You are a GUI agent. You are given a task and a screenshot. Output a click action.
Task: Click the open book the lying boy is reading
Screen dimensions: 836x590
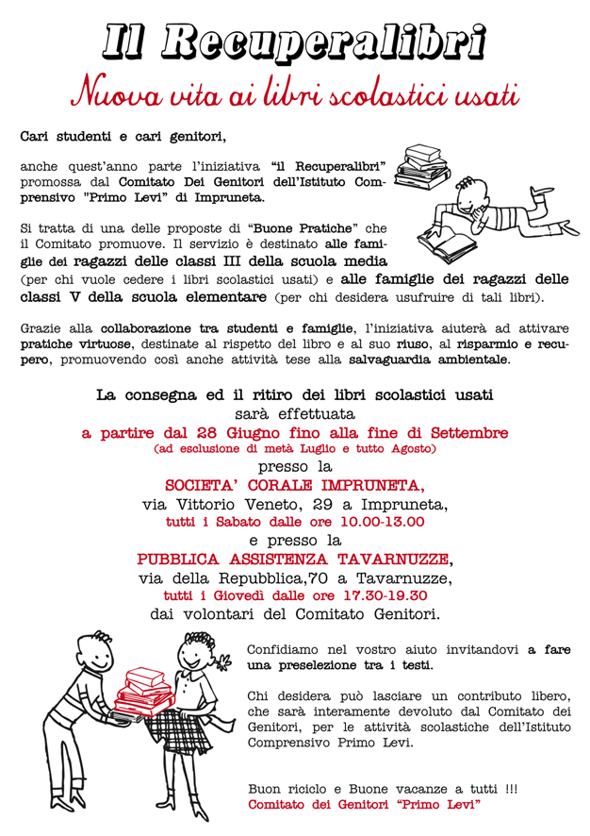(x=449, y=243)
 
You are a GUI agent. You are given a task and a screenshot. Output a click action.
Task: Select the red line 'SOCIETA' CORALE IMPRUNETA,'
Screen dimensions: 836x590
(x=294, y=486)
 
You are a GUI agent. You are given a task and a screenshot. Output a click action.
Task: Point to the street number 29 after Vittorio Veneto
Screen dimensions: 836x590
(x=326, y=504)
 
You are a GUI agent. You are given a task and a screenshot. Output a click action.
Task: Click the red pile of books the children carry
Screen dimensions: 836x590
(x=140, y=693)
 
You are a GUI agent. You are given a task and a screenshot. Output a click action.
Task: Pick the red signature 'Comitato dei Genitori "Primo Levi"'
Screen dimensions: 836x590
(x=364, y=804)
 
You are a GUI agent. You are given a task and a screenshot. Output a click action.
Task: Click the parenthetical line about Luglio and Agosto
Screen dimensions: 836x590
(x=294, y=449)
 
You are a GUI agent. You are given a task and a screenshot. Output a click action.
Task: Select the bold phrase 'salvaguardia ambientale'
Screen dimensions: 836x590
(x=430, y=359)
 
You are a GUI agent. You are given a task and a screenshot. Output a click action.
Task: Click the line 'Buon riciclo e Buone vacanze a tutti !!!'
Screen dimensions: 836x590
(x=382, y=787)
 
